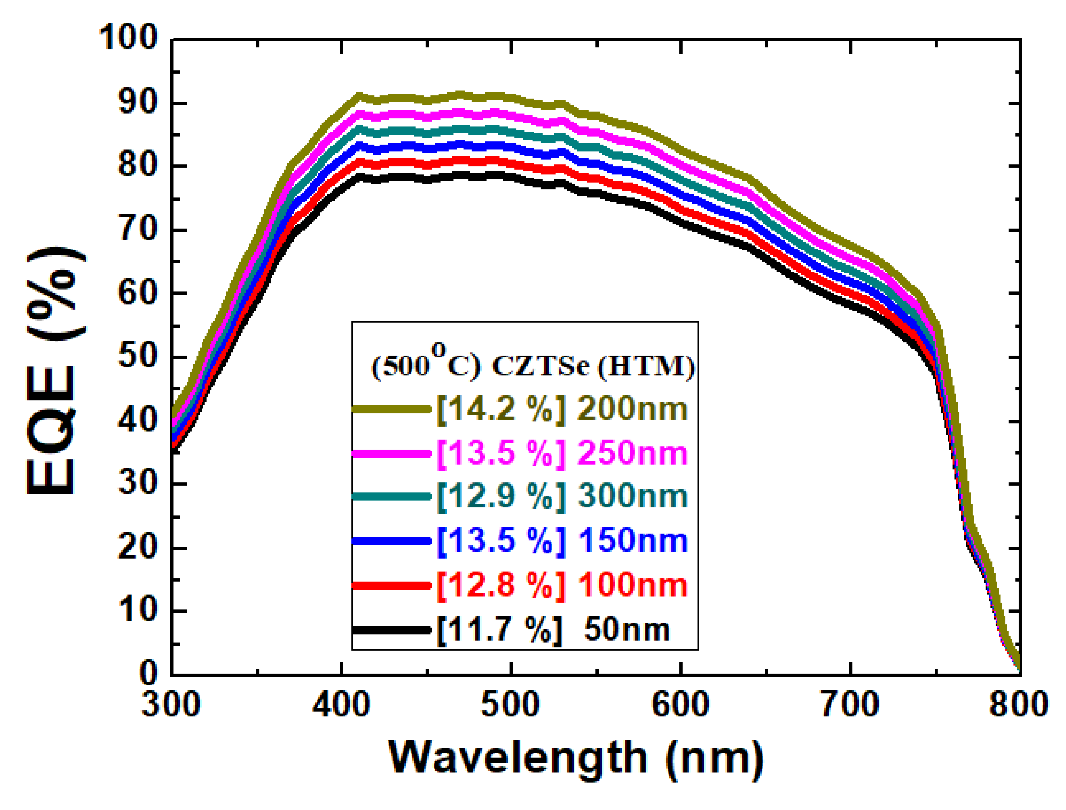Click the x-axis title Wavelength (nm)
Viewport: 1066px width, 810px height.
pos(576,757)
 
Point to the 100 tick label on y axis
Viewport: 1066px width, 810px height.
pos(128,38)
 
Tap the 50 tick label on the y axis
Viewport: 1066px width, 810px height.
pos(138,357)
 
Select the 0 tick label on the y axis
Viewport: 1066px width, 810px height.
pos(149,673)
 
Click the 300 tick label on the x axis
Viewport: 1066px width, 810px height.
pos(171,705)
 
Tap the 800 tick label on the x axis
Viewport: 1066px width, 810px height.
pos(1019,705)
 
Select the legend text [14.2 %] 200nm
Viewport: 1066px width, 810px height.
pos(562,409)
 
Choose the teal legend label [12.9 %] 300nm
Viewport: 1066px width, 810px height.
pos(562,496)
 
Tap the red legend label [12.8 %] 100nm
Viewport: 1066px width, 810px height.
pos(562,585)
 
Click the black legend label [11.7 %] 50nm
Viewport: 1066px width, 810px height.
pos(553,630)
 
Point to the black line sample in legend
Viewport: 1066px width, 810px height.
pos(391,630)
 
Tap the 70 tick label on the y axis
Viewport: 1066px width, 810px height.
pos(138,230)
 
